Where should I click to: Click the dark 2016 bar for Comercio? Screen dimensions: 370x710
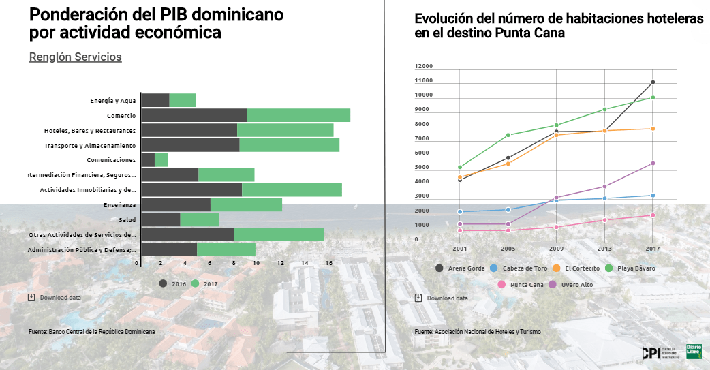click(x=194, y=115)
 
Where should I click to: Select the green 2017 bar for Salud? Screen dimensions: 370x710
click(x=200, y=219)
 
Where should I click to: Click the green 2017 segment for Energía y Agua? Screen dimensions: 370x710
click(x=183, y=100)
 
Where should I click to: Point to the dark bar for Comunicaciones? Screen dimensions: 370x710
click(x=148, y=160)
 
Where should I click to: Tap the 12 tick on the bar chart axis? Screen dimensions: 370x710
click(x=280, y=263)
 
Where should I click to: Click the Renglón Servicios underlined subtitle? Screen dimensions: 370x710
click(x=76, y=57)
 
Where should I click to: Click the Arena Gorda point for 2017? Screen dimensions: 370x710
click(x=653, y=82)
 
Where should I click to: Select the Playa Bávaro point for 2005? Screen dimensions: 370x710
click(x=508, y=135)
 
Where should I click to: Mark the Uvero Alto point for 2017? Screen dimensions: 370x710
click(x=653, y=164)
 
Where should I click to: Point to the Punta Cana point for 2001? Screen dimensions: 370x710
click(x=460, y=230)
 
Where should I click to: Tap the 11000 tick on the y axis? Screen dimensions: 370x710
click(x=424, y=81)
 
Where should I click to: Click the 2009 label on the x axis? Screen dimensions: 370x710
click(x=557, y=249)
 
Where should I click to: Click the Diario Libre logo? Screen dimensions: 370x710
click(x=695, y=352)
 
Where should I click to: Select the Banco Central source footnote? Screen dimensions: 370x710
click(x=92, y=332)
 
